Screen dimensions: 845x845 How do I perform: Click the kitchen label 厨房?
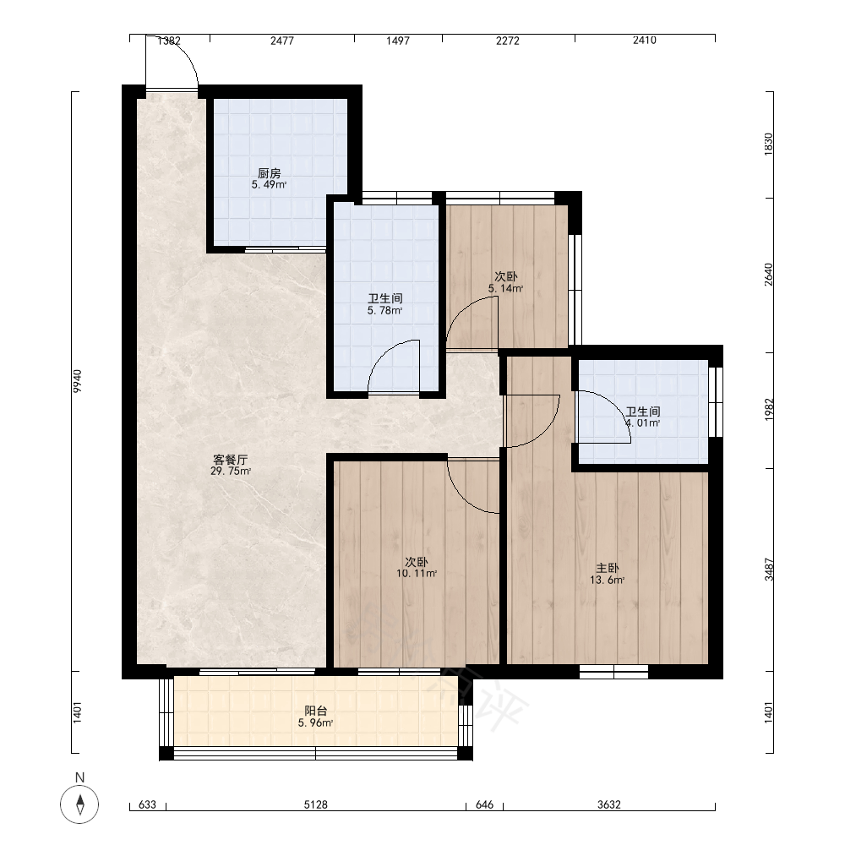(x=269, y=173)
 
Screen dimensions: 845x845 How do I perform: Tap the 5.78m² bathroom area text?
(x=384, y=310)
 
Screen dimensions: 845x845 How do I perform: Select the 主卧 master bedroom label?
(x=608, y=568)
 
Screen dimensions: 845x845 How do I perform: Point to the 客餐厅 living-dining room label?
(x=231, y=460)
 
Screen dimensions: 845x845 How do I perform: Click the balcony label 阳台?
(x=316, y=711)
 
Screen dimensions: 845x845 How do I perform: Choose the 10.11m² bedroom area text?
(x=417, y=574)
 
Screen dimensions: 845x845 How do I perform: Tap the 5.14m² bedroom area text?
(x=505, y=288)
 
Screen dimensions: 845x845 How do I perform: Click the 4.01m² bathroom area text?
(x=643, y=423)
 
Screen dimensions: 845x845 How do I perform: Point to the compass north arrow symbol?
(x=79, y=804)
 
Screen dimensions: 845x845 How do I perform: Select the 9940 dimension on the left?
(x=78, y=381)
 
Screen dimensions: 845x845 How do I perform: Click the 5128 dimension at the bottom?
(x=316, y=804)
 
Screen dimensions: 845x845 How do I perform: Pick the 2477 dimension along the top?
(x=282, y=41)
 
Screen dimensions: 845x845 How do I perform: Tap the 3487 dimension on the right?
(x=769, y=570)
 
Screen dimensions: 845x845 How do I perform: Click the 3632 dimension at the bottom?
(x=609, y=804)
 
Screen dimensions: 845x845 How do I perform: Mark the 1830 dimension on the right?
(x=769, y=144)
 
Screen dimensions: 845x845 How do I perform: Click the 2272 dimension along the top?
(x=508, y=41)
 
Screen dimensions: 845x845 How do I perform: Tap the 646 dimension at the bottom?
(x=484, y=804)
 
